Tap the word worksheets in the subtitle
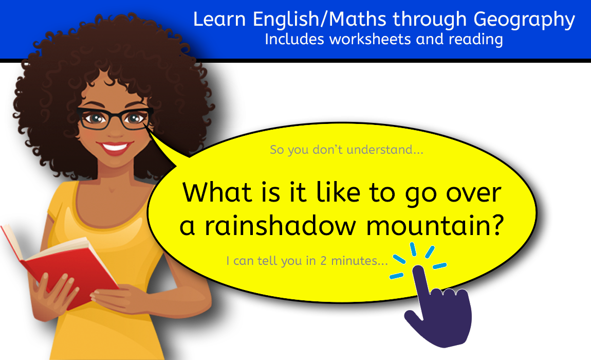click(370, 39)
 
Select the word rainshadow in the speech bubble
click(280, 226)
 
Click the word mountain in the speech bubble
click(435, 226)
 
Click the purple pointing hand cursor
click(437, 305)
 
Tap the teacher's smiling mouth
click(115, 148)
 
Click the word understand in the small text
click(385, 150)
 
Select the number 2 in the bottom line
click(323, 261)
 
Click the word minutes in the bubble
click(359, 261)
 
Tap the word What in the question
click(217, 192)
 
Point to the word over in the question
click(474, 195)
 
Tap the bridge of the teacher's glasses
click(116, 114)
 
